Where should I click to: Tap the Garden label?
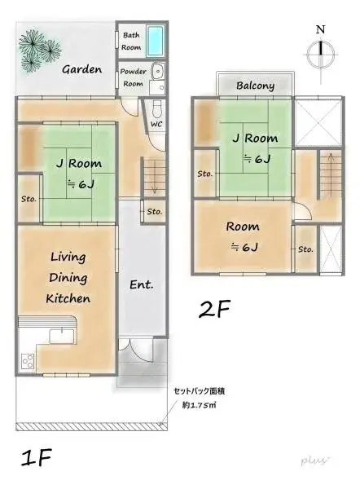(x=82, y=69)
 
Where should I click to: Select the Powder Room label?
(x=133, y=77)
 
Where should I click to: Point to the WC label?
(x=157, y=125)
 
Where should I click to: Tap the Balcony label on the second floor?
(x=255, y=86)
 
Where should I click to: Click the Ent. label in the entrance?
(x=142, y=285)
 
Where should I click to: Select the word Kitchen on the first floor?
(x=68, y=298)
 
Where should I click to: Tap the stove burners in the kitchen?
(x=27, y=359)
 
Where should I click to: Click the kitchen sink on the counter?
(x=60, y=334)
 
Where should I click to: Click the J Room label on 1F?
(x=71, y=162)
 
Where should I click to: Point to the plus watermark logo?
(x=314, y=460)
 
